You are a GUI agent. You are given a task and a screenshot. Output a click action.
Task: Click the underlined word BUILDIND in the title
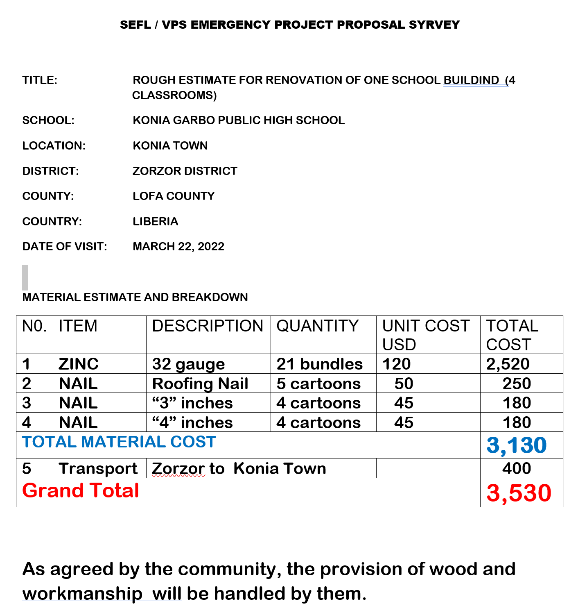click(471, 80)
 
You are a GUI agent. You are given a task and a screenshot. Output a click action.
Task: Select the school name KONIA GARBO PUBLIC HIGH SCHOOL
click(239, 120)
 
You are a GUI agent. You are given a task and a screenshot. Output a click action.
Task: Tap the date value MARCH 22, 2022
click(178, 246)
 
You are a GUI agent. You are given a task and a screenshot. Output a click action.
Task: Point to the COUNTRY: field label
click(52, 221)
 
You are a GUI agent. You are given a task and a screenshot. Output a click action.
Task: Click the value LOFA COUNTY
click(174, 196)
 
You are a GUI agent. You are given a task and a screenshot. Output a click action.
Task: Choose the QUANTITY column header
click(317, 326)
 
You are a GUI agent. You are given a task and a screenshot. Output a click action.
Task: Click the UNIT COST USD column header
click(426, 335)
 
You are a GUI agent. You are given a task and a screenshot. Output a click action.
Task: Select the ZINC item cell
click(79, 364)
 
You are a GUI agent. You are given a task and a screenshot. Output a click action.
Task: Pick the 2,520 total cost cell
click(508, 364)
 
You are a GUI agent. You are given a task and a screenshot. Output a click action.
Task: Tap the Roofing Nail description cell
click(200, 384)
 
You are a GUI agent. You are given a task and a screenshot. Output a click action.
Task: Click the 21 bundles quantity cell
click(319, 364)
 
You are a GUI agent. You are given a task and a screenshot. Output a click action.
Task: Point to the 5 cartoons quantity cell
click(318, 384)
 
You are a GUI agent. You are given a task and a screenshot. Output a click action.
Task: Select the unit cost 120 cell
click(396, 364)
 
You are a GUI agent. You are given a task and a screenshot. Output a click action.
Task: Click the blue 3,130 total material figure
click(517, 445)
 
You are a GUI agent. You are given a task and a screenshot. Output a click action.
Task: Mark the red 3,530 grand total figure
click(519, 492)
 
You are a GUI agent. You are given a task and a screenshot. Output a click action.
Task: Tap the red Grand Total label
click(81, 490)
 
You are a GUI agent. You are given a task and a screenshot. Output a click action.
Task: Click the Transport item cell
click(98, 468)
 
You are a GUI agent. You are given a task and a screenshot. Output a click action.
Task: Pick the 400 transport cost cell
click(517, 468)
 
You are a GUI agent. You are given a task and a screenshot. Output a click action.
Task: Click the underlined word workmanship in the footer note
click(82, 594)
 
